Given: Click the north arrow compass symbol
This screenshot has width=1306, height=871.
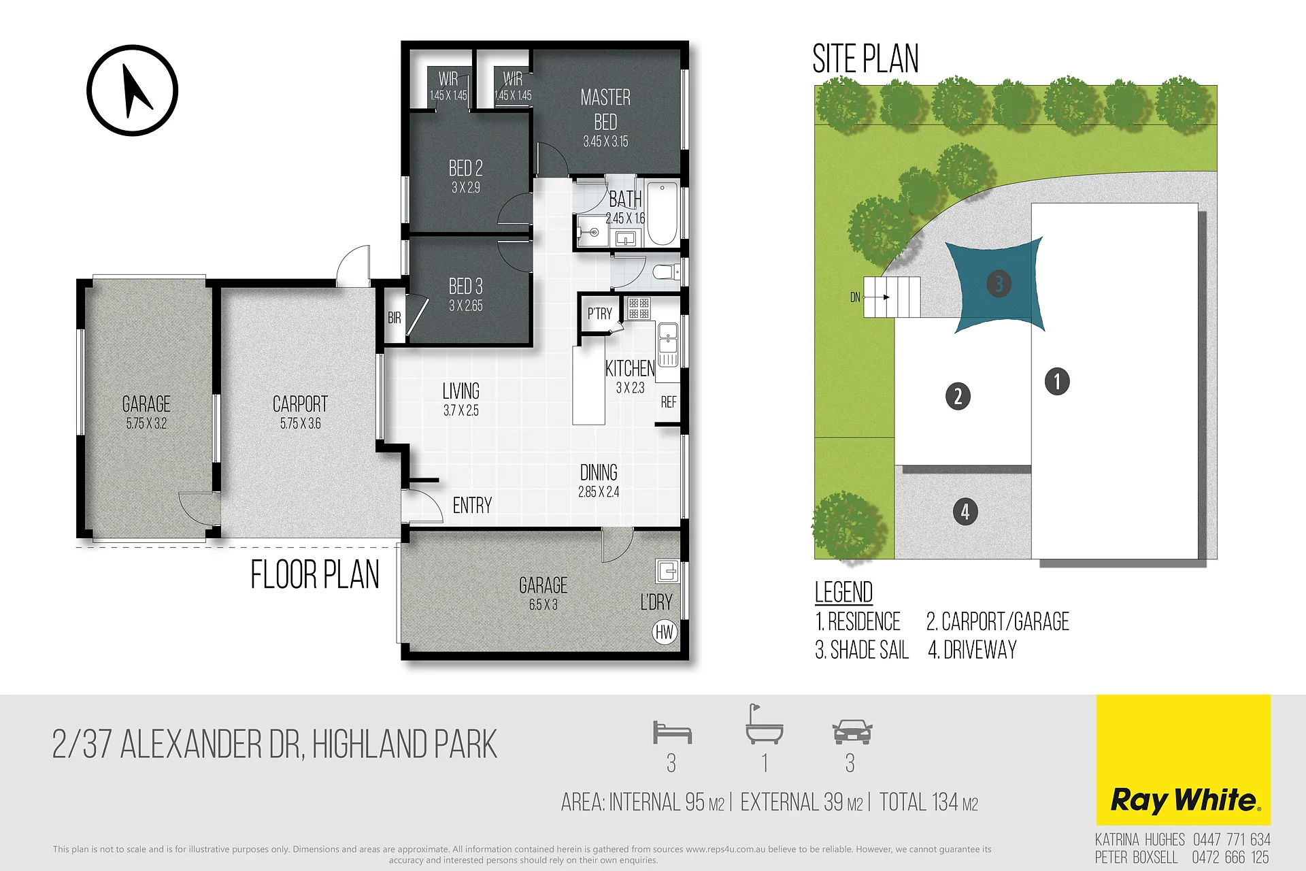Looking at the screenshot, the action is coord(133,91).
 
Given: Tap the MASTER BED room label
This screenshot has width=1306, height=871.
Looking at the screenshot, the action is coord(605,110).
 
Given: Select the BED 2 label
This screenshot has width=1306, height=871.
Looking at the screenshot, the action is coord(466,168).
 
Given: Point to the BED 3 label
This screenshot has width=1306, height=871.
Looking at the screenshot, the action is coord(466,286).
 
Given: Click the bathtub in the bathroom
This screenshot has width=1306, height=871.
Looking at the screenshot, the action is coord(662,213).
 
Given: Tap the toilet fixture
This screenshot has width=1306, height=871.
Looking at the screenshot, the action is coord(666,273).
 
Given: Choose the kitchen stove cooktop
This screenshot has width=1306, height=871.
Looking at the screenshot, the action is coord(639,308).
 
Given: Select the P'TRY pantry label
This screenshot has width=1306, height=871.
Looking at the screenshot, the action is coord(600,314).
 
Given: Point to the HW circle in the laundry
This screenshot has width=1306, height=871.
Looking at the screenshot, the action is coord(665,633).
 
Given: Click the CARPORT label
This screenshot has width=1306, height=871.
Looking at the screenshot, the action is coord(300,404).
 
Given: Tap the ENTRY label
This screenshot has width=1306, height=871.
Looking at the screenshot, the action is coord(472,506).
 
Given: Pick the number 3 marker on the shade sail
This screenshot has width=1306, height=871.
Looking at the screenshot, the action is coord(999,283).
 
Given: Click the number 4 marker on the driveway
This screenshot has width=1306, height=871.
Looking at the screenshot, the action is coord(965,512).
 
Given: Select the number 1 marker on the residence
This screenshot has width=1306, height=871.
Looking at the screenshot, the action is coord(1057,381).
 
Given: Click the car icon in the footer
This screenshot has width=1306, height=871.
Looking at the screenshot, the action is coord(852,731).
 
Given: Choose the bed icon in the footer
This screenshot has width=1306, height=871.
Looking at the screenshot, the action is coord(672,732).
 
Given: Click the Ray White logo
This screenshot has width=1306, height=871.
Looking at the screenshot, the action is coord(1184,760).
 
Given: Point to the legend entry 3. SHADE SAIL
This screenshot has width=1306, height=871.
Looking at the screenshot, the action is coord(862,651).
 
